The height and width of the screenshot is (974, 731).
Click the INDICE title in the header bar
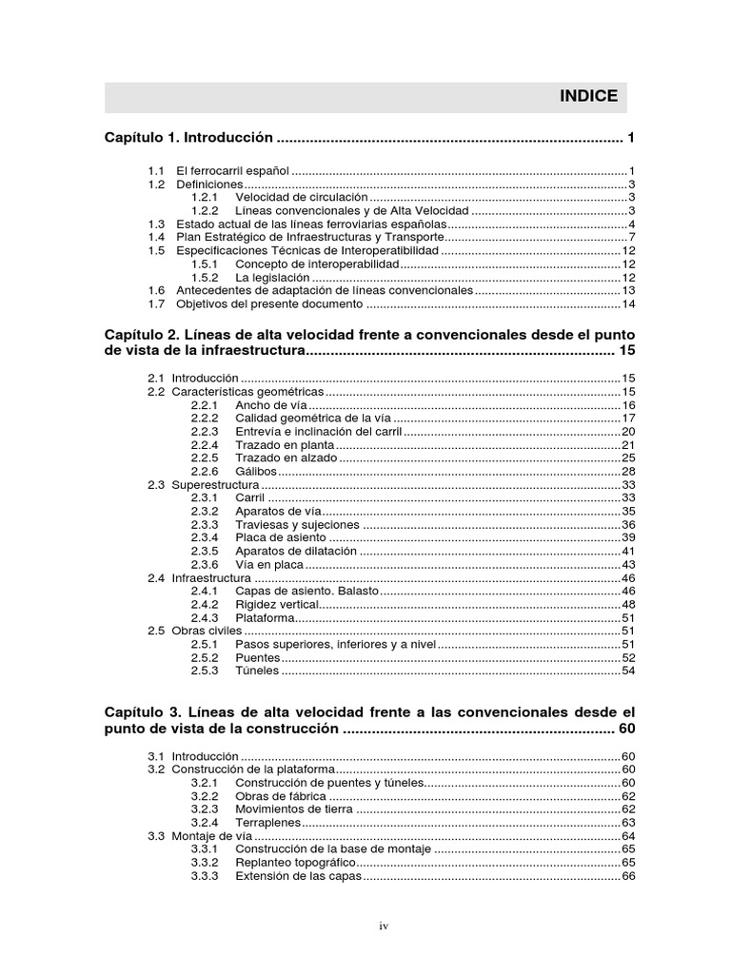587,96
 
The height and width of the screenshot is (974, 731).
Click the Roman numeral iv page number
384,925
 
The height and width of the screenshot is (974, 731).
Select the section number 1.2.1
205,198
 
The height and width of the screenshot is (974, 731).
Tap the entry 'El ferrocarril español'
239,170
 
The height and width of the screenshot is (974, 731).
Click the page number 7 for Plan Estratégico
631,237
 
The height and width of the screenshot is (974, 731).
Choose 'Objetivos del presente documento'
269,304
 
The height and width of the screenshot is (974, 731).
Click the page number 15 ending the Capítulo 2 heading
626,351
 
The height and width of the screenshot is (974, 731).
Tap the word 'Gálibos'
256,471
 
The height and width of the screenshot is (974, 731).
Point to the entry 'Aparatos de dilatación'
296,551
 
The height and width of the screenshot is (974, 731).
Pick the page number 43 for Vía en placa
627,564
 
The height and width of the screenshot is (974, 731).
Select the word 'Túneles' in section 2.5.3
257,671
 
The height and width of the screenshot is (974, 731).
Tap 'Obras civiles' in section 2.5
207,631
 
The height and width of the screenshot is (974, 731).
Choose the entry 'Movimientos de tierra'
294,808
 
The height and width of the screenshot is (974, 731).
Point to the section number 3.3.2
205,863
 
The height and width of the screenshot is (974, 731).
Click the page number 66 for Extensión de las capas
627,876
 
